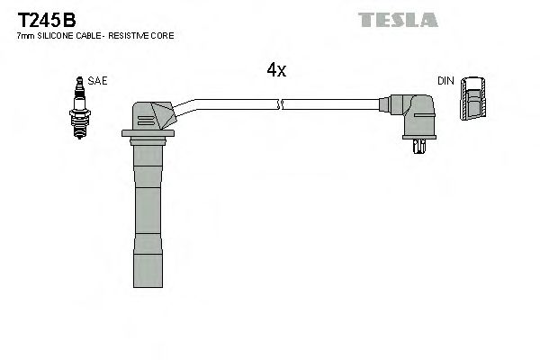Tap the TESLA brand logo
coord(398,20)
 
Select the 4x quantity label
coord(276,70)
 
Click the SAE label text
coord(98,80)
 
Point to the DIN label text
coord(445,81)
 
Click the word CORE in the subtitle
coord(165,35)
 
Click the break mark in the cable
coord(282,103)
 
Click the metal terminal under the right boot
coord(418,147)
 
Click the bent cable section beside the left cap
coord(189,106)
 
